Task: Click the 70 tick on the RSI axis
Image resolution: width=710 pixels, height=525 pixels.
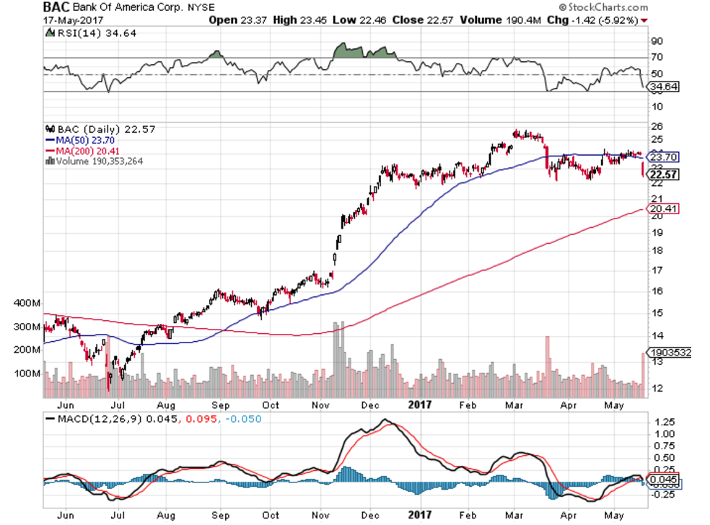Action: [656, 57]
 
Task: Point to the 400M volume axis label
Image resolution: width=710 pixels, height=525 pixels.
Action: [27, 304]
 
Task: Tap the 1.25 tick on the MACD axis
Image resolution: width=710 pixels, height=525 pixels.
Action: [660, 420]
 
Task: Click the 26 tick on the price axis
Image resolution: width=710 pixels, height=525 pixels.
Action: [656, 125]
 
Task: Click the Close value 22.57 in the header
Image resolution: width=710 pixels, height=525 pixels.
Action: [435, 19]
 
